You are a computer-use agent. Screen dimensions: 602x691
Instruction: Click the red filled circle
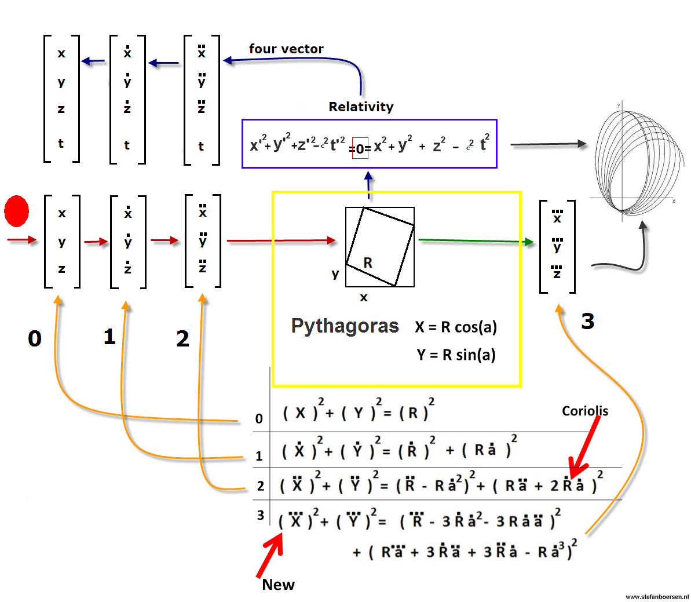click(x=17, y=211)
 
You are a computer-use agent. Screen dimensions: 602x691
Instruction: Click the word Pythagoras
click(x=345, y=326)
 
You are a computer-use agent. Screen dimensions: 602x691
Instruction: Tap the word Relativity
click(x=361, y=107)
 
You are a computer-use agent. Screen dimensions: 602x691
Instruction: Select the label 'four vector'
click(x=286, y=49)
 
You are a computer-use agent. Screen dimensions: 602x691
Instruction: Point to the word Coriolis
click(x=585, y=411)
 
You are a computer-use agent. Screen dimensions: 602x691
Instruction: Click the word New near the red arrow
click(x=278, y=585)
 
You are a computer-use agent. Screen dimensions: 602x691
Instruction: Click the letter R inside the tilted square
click(x=368, y=263)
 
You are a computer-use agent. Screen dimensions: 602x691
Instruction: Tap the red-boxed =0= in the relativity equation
click(x=360, y=149)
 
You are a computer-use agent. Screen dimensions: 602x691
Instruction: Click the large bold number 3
click(x=587, y=321)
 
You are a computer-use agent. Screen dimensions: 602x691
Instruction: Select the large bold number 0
click(x=35, y=338)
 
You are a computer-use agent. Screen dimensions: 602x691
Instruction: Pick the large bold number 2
click(x=182, y=339)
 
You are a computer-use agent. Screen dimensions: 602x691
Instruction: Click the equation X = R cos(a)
click(x=456, y=327)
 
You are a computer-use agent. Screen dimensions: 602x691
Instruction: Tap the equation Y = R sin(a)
click(x=456, y=355)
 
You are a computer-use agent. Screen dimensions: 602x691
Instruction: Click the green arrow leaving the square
click(x=475, y=240)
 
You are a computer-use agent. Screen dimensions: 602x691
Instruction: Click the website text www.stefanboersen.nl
click(x=657, y=596)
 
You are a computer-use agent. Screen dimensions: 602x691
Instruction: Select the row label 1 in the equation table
click(x=259, y=457)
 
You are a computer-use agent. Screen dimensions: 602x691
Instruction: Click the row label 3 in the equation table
click(x=260, y=515)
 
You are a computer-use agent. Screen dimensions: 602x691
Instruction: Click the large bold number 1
click(x=109, y=337)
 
